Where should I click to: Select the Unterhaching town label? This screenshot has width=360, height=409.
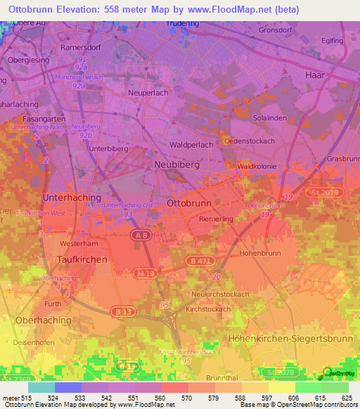coord(72,198)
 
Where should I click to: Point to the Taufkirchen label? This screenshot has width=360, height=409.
coord(81,259)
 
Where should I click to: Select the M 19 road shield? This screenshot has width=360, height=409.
coord(146,272)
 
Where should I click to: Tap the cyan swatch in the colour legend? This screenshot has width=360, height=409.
coord(41,387)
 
